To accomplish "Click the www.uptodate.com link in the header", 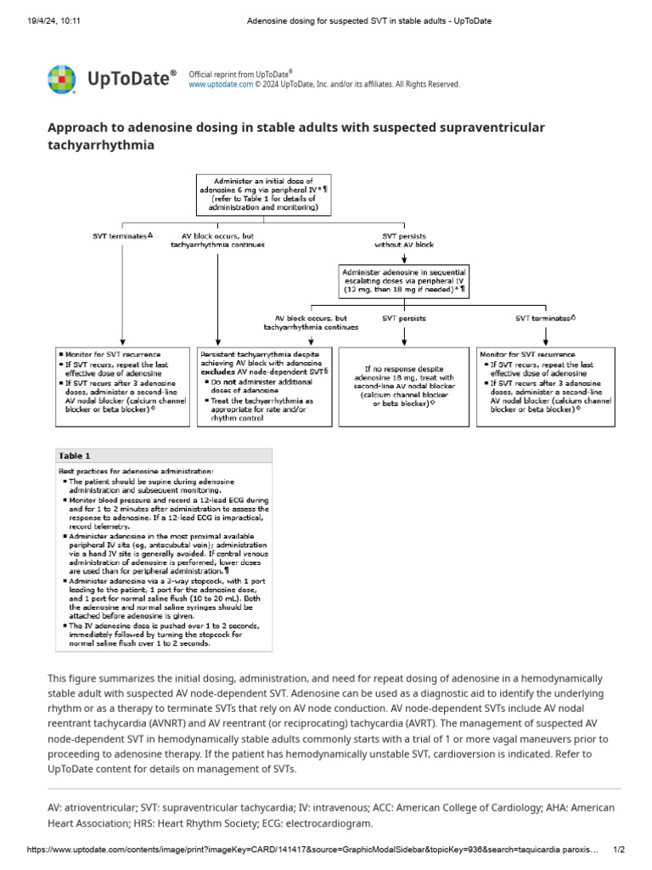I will (220, 85).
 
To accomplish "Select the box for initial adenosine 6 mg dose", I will (264, 194).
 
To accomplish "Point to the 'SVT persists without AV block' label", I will (404, 240).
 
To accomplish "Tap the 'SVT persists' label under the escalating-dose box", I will (404, 319).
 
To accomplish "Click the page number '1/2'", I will (619, 850).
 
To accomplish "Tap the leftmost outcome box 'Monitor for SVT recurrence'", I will (123, 381).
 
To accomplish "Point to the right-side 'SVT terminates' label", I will (545, 319).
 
